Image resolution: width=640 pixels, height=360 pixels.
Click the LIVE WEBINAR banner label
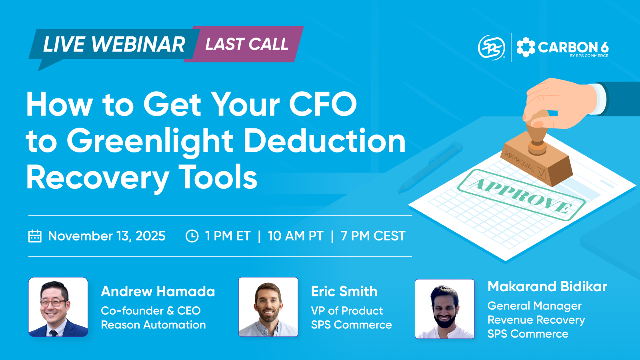pos(114,44)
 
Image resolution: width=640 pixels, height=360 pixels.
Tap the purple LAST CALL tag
pos(246,44)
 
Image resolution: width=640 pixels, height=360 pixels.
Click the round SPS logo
pos(492,48)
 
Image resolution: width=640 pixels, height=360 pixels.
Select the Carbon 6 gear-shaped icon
pos(526,47)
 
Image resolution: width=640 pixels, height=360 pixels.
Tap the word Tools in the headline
pos(218,177)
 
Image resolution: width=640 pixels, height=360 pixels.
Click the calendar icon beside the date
pos(35,236)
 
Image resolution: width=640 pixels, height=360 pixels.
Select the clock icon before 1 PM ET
pos(192,236)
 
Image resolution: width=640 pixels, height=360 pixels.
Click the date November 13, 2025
pos(106,236)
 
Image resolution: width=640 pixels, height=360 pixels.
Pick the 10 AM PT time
pos(295,236)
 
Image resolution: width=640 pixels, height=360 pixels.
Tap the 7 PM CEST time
pos(373,236)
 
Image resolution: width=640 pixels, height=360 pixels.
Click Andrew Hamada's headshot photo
pos(58,307)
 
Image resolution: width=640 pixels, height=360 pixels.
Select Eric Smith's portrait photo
pos(268,307)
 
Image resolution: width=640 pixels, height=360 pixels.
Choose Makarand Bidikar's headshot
pos(445,309)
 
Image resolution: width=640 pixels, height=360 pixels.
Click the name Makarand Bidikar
pos(547,286)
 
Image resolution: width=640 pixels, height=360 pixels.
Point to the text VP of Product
pos(347,311)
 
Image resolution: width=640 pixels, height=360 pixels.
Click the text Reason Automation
pos(153,325)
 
